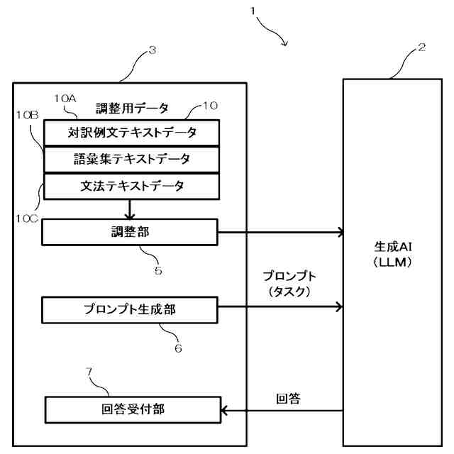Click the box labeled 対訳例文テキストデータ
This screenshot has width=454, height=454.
tap(131, 132)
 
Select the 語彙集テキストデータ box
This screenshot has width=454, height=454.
tap(131, 158)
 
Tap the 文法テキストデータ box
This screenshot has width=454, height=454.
tap(131, 186)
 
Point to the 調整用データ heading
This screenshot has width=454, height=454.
tap(132, 108)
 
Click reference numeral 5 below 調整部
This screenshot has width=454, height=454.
tap(158, 270)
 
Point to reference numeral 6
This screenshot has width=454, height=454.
tap(179, 348)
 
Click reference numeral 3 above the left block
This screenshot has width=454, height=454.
tap(152, 50)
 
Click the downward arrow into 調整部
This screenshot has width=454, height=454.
tap(130, 209)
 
